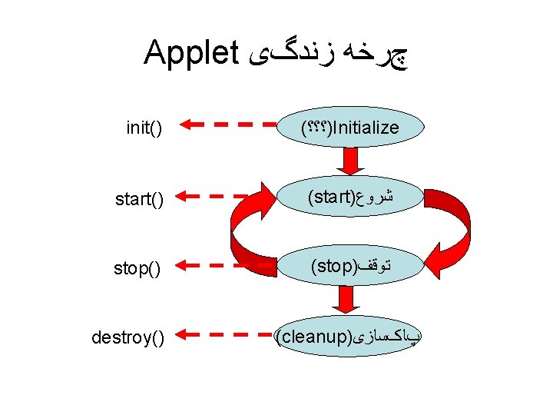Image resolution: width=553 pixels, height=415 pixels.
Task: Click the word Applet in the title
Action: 190,53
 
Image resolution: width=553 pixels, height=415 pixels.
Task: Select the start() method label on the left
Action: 139,200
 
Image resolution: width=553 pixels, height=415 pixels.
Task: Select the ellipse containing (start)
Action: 350,198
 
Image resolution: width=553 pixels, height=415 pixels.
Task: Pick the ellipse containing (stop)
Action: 350,266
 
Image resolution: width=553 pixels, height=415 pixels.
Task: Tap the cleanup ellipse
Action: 350,336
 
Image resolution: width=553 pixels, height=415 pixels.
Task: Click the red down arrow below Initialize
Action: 350,162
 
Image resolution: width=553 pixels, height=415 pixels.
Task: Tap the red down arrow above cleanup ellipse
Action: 350,300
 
